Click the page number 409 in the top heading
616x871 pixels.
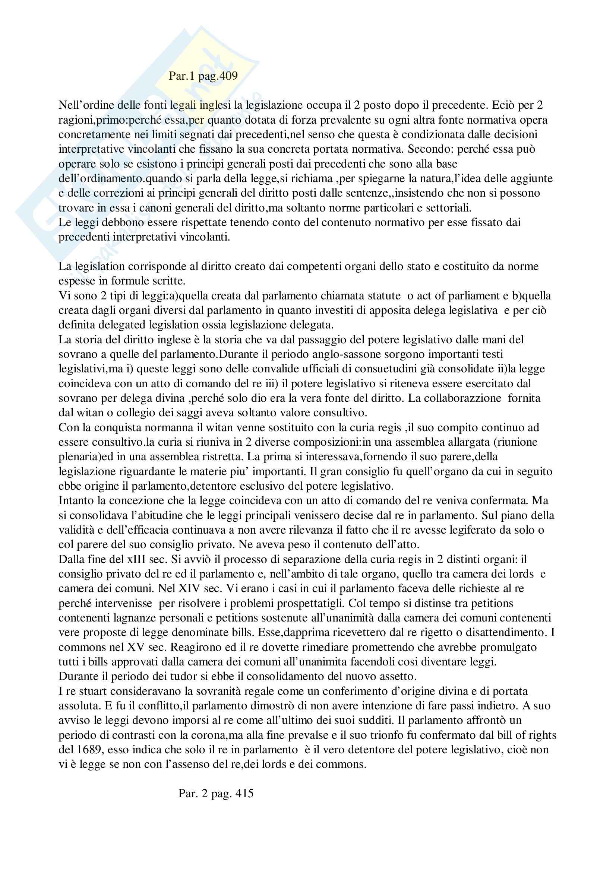[228, 76]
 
